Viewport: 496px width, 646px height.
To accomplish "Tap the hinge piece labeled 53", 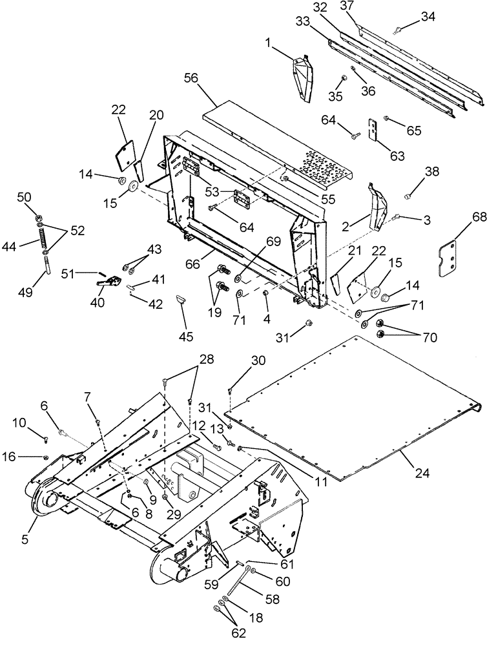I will coord(242,199).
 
